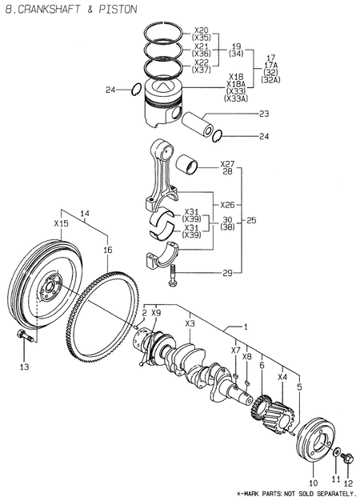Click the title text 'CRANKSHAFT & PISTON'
tap(77, 9)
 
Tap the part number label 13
tap(24, 367)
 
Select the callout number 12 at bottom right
tap(347, 484)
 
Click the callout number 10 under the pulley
tap(313, 484)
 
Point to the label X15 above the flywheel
tap(61, 223)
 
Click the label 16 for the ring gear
tap(107, 250)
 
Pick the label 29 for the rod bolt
tap(227, 274)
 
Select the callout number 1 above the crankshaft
tap(246, 327)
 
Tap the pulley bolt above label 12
tap(348, 458)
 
